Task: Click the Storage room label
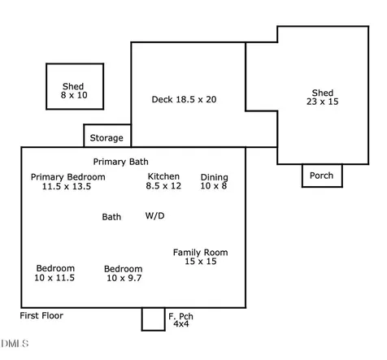click(107, 138)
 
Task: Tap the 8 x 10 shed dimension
click(74, 95)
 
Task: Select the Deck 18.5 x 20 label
click(184, 99)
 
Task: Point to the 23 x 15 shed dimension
click(323, 102)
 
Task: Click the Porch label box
click(321, 176)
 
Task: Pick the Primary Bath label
click(120, 162)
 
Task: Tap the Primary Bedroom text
click(68, 177)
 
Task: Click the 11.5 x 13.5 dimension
click(67, 186)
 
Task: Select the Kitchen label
click(163, 176)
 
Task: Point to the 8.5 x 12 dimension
click(163, 186)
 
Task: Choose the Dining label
click(215, 178)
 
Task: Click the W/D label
click(154, 215)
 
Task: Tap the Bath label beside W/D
click(111, 217)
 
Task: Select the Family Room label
click(201, 253)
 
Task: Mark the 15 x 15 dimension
click(201, 262)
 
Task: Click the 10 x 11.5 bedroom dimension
click(54, 278)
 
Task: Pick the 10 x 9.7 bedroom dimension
click(124, 278)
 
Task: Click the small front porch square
click(153, 319)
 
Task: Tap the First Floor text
click(41, 315)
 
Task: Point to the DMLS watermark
click(15, 344)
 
